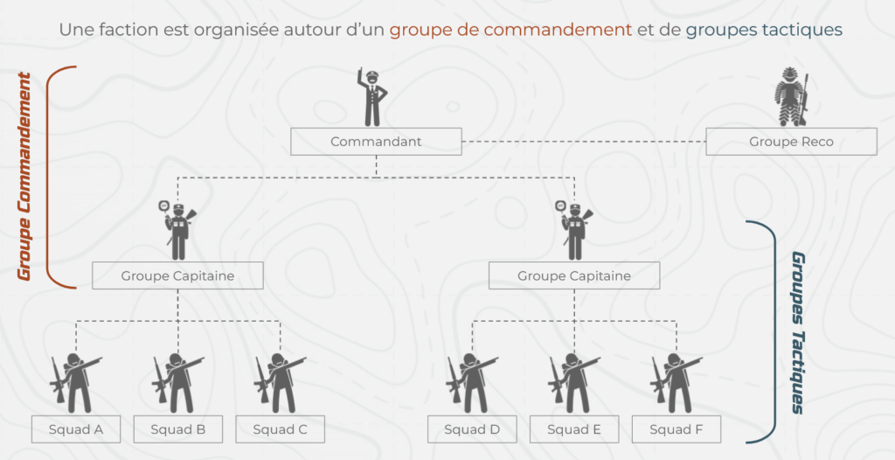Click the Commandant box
point(376,142)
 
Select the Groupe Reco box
point(791,142)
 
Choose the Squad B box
point(178,429)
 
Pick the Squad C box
point(280,429)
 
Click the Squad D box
point(472,429)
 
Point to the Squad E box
point(574,429)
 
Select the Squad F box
point(676,429)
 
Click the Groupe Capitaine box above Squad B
point(177,275)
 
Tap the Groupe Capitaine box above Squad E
point(574,275)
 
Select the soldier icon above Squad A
point(76,381)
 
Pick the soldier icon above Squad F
point(676,381)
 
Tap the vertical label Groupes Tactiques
point(798,332)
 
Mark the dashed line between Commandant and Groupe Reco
point(583,142)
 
